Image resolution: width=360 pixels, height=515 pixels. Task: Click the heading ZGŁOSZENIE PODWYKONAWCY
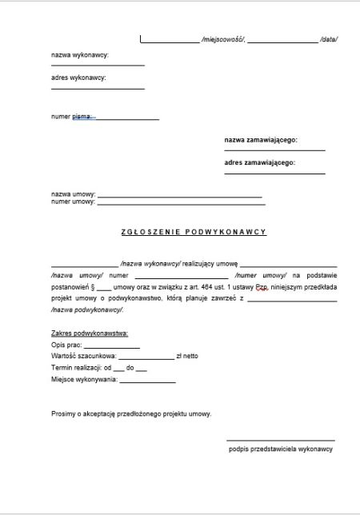click(193, 232)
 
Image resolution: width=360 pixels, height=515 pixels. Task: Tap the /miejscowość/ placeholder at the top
click(223, 38)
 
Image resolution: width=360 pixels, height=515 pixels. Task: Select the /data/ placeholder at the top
click(328, 38)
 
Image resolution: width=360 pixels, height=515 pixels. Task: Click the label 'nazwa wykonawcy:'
click(79, 55)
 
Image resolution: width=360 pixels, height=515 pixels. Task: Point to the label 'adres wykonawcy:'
click(78, 78)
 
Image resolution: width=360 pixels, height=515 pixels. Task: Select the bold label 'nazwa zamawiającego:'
click(261, 140)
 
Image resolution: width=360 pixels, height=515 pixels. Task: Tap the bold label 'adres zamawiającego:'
click(260, 162)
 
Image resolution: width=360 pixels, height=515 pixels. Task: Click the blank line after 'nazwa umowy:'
click(179, 195)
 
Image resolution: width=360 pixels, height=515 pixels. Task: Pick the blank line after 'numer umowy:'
click(181, 202)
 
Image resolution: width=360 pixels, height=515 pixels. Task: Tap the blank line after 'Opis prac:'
click(111, 345)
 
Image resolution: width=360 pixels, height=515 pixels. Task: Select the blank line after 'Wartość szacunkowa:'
click(146, 357)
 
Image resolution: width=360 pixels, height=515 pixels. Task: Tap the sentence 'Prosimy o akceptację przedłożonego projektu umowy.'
click(130, 413)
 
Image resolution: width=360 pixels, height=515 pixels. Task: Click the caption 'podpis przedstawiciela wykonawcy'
click(280, 449)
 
